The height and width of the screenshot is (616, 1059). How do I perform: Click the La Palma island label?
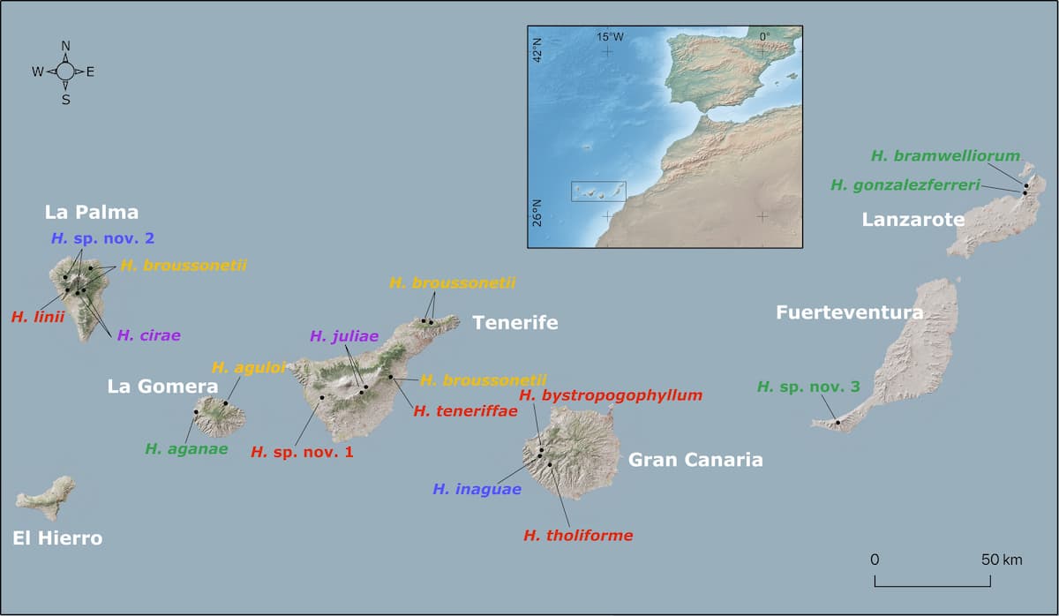click(92, 213)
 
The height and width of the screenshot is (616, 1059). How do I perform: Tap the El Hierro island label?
click(58, 538)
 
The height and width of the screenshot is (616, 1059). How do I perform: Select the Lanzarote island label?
click(913, 220)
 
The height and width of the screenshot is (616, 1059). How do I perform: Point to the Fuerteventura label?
click(850, 312)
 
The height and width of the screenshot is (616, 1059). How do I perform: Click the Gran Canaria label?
click(695, 460)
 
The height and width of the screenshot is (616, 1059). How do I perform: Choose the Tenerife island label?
click(515, 323)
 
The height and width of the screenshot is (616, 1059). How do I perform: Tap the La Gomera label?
click(162, 387)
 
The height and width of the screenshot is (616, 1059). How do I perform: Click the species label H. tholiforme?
click(578, 535)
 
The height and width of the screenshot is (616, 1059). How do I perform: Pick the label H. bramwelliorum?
click(945, 156)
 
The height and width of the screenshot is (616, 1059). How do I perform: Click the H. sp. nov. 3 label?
click(808, 387)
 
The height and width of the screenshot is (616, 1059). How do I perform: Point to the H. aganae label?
click(186, 448)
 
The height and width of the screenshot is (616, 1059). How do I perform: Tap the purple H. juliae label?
click(344, 336)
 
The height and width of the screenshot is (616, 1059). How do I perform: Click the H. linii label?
click(38, 317)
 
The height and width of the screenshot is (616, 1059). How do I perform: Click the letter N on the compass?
click(66, 46)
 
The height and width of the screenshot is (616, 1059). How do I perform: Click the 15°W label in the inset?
click(609, 37)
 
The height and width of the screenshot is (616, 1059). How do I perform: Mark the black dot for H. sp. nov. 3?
click(837, 423)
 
